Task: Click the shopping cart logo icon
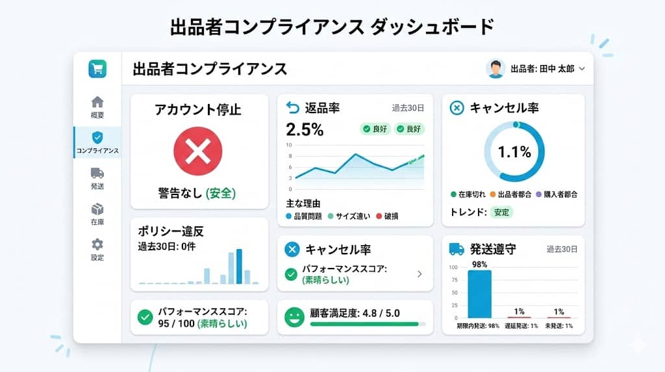97,69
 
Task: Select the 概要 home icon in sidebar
97,102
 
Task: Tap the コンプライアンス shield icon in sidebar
97,137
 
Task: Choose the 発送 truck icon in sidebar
97,173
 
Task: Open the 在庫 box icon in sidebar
97,209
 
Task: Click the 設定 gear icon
97,245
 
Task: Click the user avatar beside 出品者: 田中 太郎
496,69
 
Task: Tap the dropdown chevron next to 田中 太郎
582,69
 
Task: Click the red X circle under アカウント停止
198,152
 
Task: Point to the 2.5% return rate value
305,129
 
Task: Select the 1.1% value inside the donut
514,152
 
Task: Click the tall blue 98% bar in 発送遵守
480,293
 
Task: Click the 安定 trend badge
501,212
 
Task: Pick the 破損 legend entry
387,216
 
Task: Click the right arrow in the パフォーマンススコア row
420,274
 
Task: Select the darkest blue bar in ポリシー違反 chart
239,267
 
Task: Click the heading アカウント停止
198,110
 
